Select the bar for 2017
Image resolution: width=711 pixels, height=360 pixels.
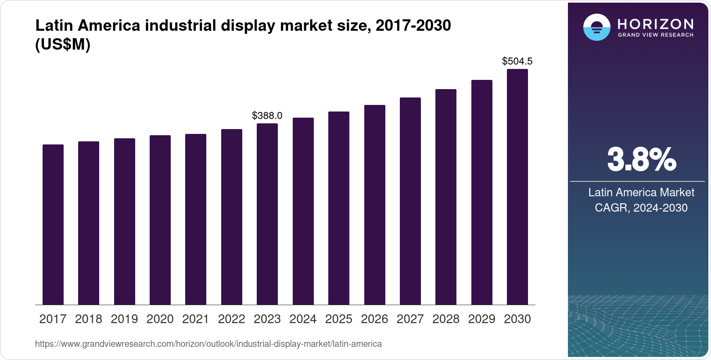(x=53, y=224)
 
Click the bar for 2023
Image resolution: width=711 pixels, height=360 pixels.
(x=267, y=214)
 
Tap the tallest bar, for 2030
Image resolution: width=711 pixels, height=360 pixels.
(x=517, y=187)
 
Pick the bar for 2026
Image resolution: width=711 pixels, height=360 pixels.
(x=375, y=205)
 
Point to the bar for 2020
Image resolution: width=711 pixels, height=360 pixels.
(x=160, y=220)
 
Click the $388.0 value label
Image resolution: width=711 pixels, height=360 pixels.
(x=267, y=115)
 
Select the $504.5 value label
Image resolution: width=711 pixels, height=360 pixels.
(x=517, y=61)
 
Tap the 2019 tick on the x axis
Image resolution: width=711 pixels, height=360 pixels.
(x=124, y=319)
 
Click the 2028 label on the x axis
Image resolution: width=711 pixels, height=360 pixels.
(x=446, y=319)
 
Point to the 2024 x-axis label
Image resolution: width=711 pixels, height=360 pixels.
(x=303, y=319)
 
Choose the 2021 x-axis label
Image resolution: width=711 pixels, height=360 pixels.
(x=196, y=319)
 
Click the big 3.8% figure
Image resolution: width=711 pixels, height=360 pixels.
(x=641, y=160)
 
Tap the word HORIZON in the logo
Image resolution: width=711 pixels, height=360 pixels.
(x=655, y=24)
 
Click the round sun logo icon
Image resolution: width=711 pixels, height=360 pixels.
(x=596, y=27)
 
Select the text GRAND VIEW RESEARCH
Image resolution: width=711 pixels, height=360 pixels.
(x=655, y=35)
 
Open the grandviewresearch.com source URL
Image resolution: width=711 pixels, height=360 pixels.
(x=208, y=344)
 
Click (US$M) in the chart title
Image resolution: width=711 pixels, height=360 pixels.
(x=63, y=45)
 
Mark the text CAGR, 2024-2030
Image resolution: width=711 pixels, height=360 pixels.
(x=641, y=208)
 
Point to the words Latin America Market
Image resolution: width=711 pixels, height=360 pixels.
(x=641, y=192)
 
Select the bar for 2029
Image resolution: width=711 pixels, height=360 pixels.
(x=482, y=192)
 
